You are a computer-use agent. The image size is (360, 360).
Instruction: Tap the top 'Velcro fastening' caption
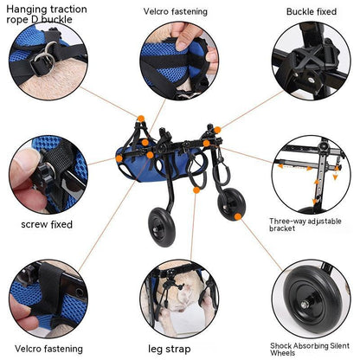(x=181, y=11)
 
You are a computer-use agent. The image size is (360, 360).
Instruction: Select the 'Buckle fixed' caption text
(x=312, y=11)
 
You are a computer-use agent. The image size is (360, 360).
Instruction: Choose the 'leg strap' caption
(x=180, y=349)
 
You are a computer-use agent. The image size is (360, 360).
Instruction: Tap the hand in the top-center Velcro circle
(x=187, y=39)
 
